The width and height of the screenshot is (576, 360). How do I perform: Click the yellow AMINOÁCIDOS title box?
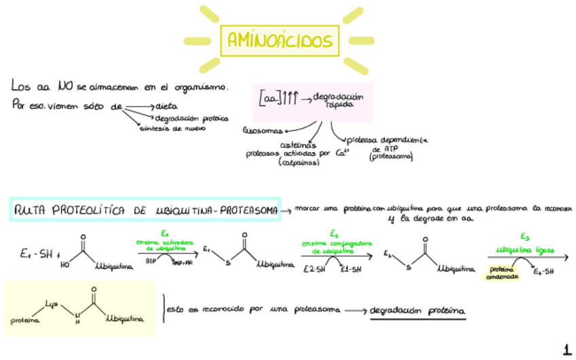280,41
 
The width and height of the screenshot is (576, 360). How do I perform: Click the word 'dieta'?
166,105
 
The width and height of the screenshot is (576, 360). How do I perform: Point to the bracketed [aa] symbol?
270,99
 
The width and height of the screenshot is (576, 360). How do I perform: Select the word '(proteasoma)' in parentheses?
391,157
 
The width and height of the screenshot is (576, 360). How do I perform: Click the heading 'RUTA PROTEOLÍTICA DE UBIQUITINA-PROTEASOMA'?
145,211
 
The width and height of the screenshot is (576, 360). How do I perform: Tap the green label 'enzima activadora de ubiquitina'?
164,245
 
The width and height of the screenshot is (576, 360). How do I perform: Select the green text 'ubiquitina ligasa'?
524,249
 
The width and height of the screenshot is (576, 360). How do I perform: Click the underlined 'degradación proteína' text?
418,310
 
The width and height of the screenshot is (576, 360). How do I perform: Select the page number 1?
566,350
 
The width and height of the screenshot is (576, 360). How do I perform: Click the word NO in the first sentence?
67,86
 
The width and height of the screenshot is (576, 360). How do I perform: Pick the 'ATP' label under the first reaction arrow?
149,261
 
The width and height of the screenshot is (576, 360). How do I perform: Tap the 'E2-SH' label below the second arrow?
314,268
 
